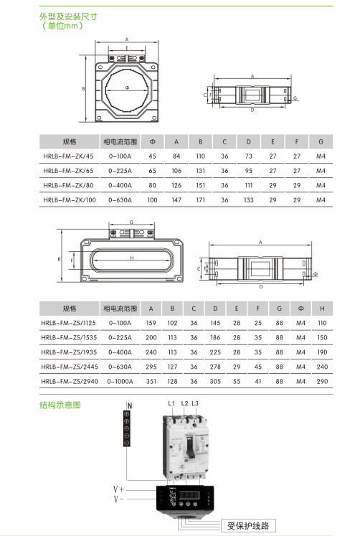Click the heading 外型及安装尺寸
(x=68, y=17)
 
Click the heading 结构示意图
(x=60, y=405)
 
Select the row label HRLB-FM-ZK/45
(x=68, y=156)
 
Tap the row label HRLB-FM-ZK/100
(x=70, y=200)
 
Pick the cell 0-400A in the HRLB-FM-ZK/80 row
(x=120, y=185)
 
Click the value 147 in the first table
(x=176, y=200)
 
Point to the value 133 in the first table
(x=248, y=200)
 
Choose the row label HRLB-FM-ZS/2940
(x=70, y=381)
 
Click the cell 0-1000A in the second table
(x=120, y=381)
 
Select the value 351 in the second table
(x=151, y=381)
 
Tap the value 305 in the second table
(x=215, y=381)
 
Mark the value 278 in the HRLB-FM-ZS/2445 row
(x=215, y=367)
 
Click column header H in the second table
(x=322, y=309)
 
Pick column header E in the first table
(x=273, y=141)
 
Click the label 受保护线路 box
(x=248, y=525)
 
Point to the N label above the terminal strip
(x=130, y=405)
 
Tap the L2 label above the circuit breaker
(x=184, y=403)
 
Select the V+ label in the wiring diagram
(x=118, y=489)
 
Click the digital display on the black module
(x=189, y=494)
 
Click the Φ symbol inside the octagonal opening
(x=127, y=88)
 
